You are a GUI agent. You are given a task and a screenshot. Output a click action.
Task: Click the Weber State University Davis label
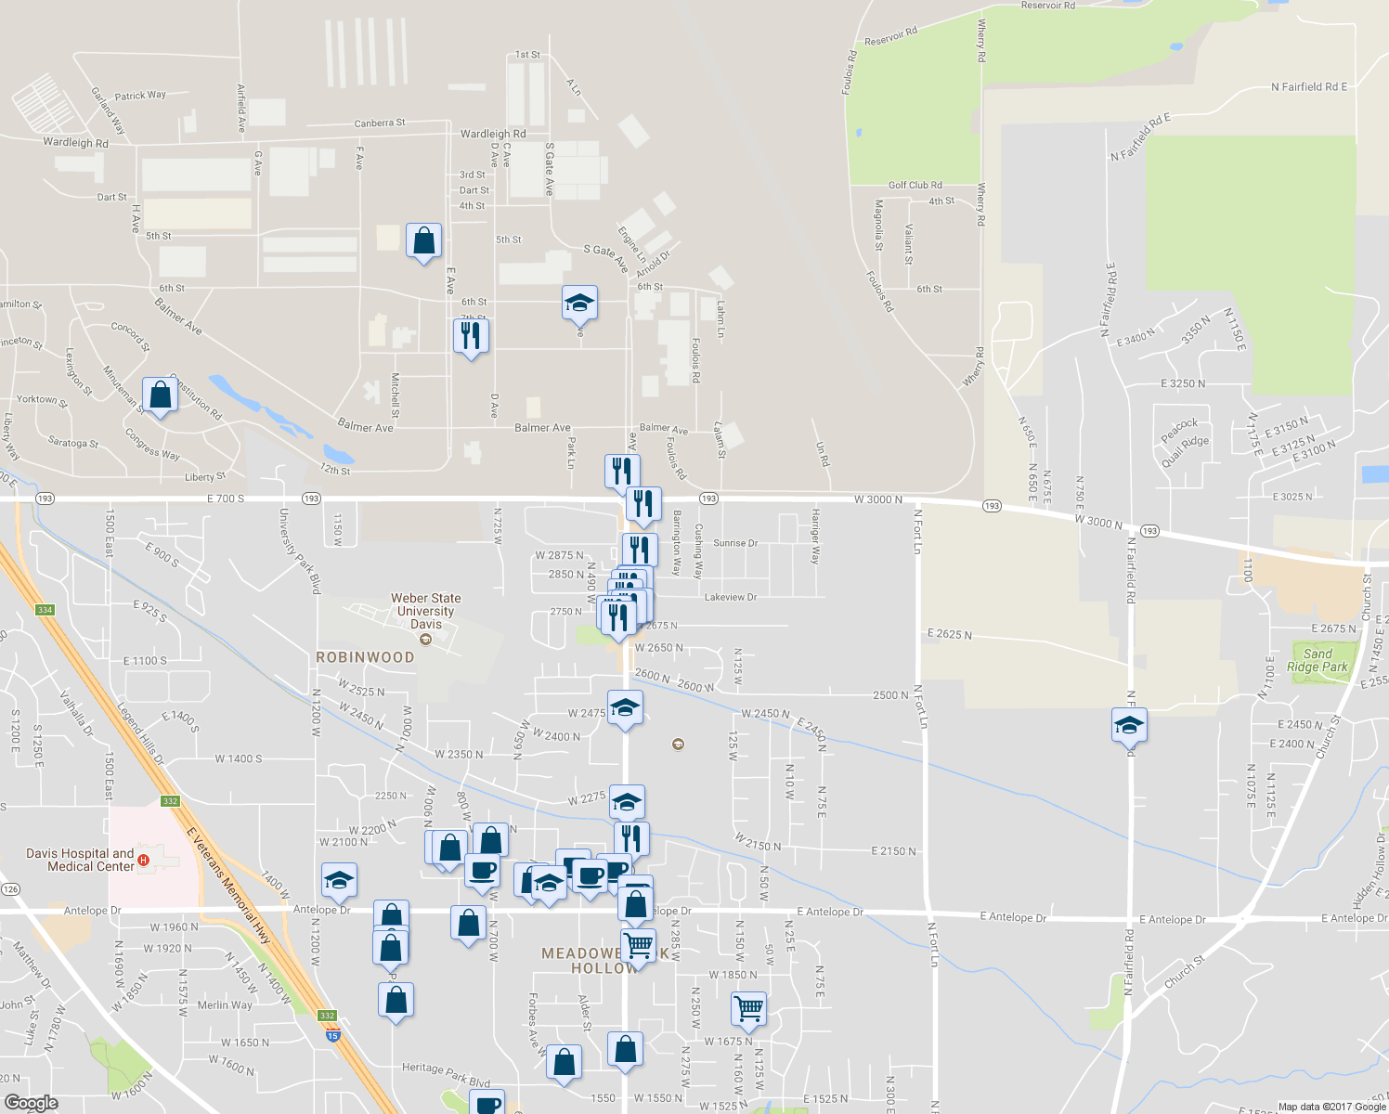(425, 611)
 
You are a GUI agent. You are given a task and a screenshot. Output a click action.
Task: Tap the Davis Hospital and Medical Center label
(80, 860)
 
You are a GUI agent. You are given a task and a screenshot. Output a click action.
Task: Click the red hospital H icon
(143, 861)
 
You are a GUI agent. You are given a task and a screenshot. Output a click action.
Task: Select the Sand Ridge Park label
(1317, 660)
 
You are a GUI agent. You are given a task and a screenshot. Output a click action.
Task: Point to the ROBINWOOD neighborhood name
(365, 657)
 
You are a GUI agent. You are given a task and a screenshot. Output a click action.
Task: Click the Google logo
(31, 1103)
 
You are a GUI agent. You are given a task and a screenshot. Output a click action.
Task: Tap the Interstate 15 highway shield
(333, 1034)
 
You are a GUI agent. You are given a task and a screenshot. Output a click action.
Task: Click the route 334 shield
(45, 610)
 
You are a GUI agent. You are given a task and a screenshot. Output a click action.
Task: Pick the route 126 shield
(10, 889)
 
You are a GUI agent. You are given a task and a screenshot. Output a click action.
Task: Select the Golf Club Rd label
(915, 185)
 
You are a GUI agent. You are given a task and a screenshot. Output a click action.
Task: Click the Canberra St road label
(380, 123)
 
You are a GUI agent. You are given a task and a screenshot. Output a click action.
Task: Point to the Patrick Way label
(140, 96)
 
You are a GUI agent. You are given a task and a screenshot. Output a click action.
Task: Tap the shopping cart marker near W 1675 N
(748, 1007)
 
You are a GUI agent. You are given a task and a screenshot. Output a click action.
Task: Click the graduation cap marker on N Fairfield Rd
(1129, 725)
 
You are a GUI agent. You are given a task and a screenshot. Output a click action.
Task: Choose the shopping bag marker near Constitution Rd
(161, 395)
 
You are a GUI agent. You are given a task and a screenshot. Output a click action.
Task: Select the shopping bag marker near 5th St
(423, 240)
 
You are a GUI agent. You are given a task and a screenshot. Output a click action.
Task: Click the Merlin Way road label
(225, 1004)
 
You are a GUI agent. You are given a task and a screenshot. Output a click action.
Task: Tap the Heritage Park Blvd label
(446, 1074)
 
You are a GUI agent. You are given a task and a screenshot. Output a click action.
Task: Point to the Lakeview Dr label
(730, 597)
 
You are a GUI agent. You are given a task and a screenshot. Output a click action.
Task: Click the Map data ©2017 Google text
(1331, 1107)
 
